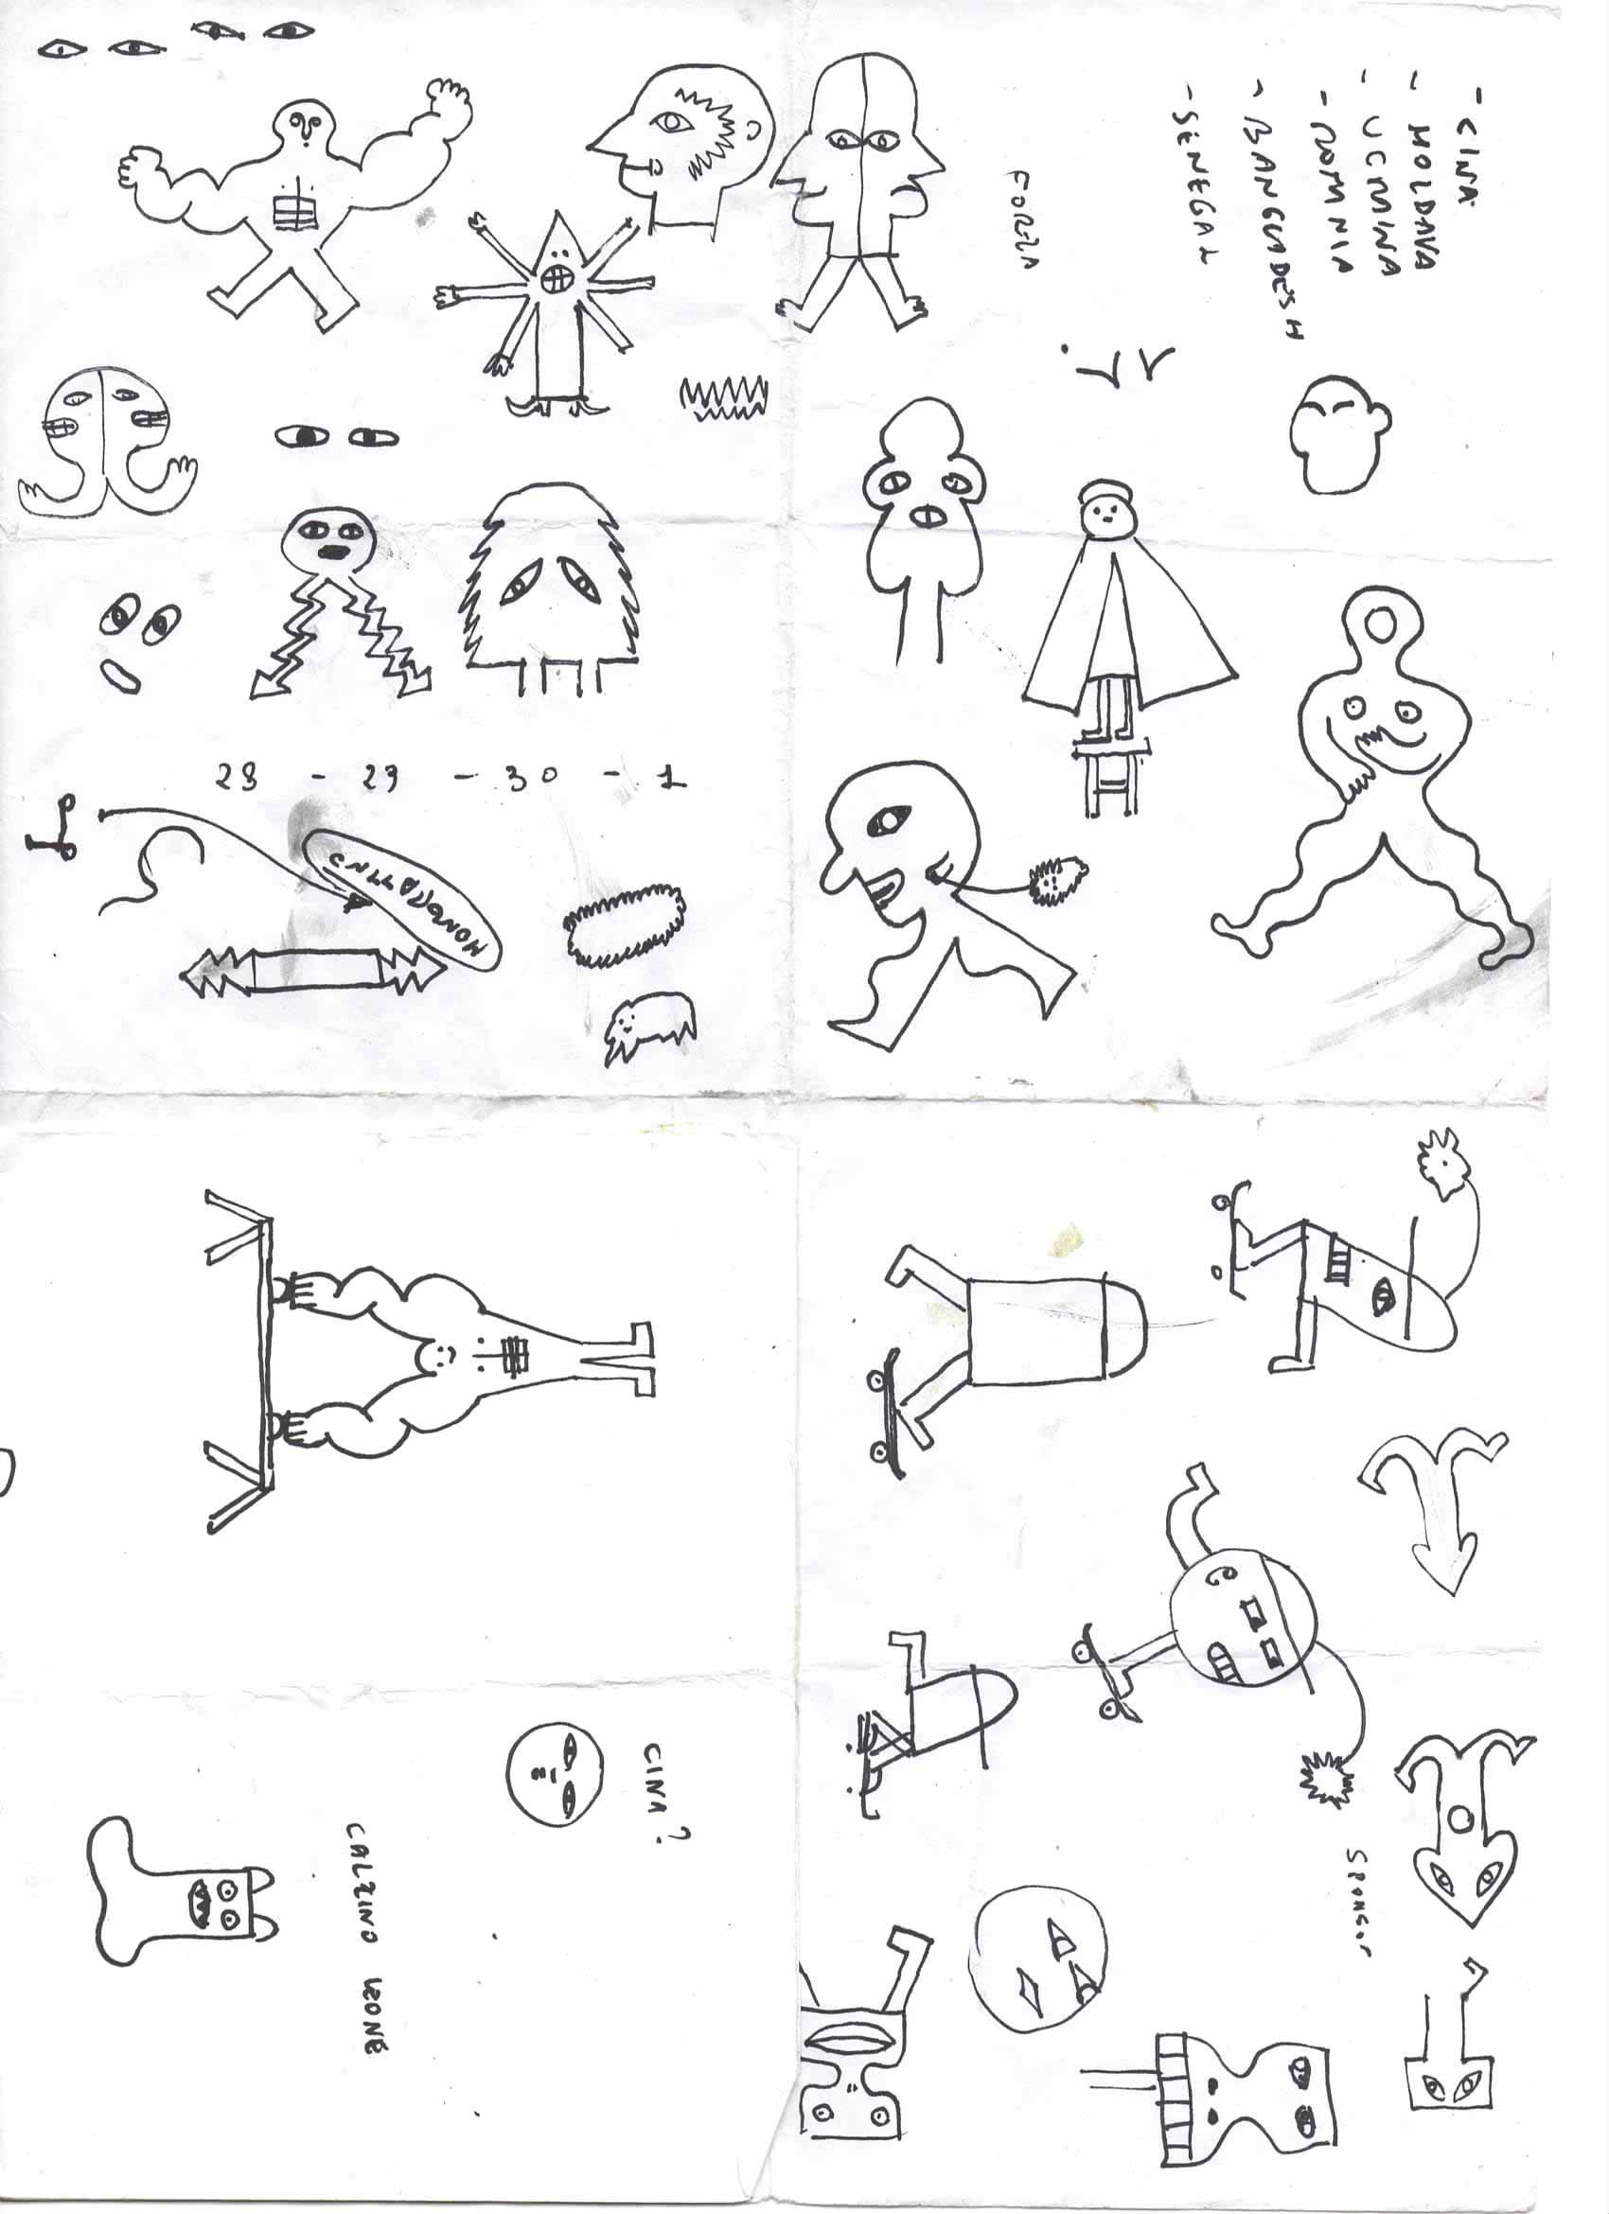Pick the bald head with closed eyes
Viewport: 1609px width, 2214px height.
point(1338,433)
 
